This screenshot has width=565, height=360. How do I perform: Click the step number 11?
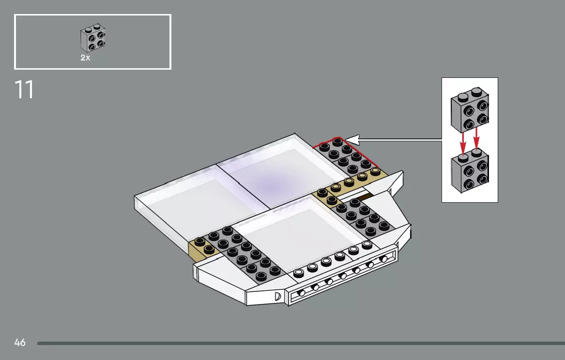pyautogui.click(x=24, y=90)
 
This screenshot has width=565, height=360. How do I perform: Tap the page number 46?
pyautogui.click(x=20, y=343)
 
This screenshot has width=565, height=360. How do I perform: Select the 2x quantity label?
pyautogui.click(x=85, y=58)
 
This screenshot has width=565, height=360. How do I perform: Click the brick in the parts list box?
pyautogui.click(x=92, y=38)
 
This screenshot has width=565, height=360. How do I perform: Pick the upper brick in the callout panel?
pyautogui.click(x=470, y=110)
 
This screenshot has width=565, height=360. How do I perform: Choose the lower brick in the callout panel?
pyautogui.click(x=470, y=172)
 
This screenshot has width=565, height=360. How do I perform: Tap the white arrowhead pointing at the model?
pyautogui.click(x=352, y=140)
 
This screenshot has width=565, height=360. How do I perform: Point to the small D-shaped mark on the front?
pyautogui.click(x=278, y=296)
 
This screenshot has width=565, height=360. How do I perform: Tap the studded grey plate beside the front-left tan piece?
pyautogui.click(x=242, y=254)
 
